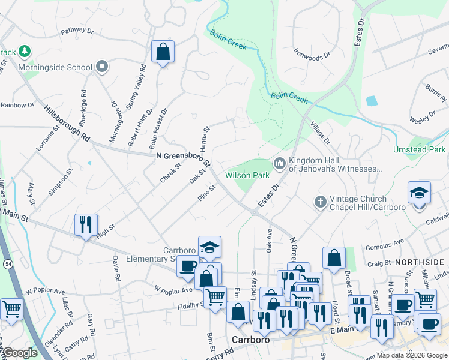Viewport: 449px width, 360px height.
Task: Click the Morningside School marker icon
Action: (x=102, y=67)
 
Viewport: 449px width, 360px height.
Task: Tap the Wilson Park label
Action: (x=247, y=175)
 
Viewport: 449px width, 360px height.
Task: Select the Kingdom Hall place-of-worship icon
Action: (x=280, y=163)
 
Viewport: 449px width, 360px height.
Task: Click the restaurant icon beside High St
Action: (x=85, y=224)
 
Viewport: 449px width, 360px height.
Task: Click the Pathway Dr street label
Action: (x=77, y=30)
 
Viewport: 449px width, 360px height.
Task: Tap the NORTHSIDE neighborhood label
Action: (x=419, y=262)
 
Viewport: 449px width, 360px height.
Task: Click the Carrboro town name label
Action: (x=249, y=339)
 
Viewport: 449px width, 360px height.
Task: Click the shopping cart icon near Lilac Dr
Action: (x=11, y=310)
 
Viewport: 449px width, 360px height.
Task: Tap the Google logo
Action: (x=20, y=353)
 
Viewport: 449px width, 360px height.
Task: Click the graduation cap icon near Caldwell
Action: (x=419, y=193)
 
